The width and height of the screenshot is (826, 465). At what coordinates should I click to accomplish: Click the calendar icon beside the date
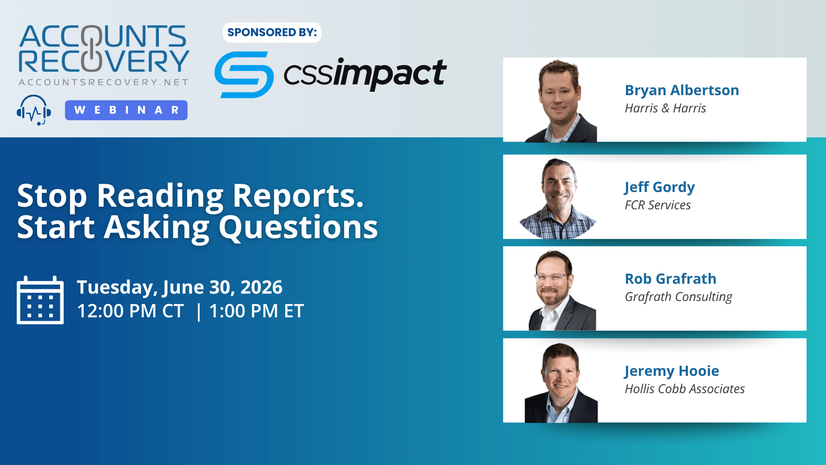pyautogui.click(x=40, y=300)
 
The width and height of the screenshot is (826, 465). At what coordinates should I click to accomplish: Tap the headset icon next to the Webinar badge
pyautogui.click(x=34, y=110)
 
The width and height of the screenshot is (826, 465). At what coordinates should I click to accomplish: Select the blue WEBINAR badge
pyautogui.click(x=126, y=110)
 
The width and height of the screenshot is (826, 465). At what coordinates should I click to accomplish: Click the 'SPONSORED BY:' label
pyautogui.click(x=272, y=32)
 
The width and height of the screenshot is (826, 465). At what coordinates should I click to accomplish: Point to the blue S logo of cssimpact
pyautogui.click(x=244, y=74)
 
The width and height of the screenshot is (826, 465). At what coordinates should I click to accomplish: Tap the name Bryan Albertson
pyautogui.click(x=682, y=90)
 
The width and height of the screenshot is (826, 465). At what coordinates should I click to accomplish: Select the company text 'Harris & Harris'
pyautogui.click(x=666, y=108)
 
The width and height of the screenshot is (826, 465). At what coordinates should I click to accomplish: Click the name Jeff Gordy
pyautogui.click(x=660, y=187)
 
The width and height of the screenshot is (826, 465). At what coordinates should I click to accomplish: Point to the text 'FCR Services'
pyautogui.click(x=658, y=205)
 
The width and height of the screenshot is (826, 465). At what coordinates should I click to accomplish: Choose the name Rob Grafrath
pyautogui.click(x=670, y=279)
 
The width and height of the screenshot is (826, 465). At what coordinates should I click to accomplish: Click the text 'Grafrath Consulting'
pyautogui.click(x=678, y=297)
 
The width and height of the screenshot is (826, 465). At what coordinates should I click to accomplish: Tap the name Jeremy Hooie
pyautogui.click(x=672, y=371)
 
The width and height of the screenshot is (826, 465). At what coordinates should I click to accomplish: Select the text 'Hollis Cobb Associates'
pyautogui.click(x=684, y=389)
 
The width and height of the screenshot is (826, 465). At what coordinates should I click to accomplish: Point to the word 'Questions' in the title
pyautogui.click(x=298, y=227)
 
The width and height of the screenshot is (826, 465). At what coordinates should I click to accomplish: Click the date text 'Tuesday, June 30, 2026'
pyautogui.click(x=179, y=288)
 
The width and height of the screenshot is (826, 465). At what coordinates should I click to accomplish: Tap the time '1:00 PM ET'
pyautogui.click(x=256, y=311)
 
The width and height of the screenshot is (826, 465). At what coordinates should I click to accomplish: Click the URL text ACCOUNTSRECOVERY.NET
pyautogui.click(x=104, y=82)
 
